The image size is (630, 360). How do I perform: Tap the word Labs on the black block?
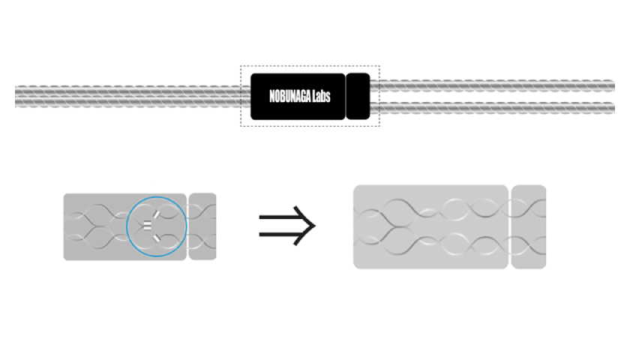(322, 97)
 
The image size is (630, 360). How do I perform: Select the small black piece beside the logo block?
(358, 96)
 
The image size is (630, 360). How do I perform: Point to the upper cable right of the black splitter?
(495, 85)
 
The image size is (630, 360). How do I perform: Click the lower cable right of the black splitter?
(495, 108)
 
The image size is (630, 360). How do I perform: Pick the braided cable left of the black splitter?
(127, 97)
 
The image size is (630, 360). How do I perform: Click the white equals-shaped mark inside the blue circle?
(148, 224)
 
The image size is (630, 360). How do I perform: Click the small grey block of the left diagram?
(202, 226)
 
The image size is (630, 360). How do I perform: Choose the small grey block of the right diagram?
(529, 226)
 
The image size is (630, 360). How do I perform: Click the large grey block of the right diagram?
(430, 226)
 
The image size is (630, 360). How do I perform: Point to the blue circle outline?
(127, 225)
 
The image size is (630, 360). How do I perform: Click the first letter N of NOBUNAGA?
(271, 97)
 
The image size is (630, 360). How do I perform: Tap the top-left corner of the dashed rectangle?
(241, 66)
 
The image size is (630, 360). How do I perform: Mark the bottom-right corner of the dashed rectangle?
(379, 126)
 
